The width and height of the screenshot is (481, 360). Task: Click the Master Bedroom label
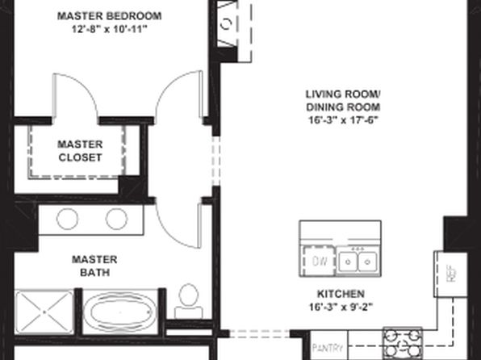coord(110,16)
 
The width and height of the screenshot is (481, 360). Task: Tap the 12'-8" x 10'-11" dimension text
coord(110,30)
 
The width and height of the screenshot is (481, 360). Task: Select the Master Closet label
coord(80,151)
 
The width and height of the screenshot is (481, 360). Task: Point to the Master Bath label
coord(94,266)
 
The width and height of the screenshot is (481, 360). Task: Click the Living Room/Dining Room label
coord(343,101)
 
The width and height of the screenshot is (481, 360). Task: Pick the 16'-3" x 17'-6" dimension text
coord(343,120)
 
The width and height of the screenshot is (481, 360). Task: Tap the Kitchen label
coord(341,294)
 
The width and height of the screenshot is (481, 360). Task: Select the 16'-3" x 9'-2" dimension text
coord(341,308)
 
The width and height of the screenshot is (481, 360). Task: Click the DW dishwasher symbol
coord(319,262)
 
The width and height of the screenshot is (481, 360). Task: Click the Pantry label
coord(328,348)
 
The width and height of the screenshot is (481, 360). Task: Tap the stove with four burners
coord(402,343)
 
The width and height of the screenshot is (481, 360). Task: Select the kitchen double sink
coord(358,262)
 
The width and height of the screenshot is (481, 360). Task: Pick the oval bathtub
coord(120,312)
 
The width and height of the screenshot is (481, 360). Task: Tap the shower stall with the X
coord(44,312)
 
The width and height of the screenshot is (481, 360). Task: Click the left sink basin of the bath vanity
coord(67,219)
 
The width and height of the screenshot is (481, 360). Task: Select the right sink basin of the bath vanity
coord(116,219)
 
